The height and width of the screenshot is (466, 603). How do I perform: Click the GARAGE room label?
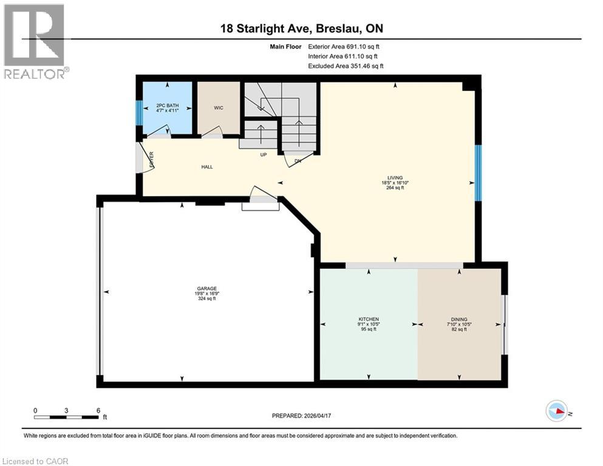click(206, 289)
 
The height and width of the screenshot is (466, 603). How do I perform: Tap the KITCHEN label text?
click(369, 319)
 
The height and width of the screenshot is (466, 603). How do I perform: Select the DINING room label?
click(458, 319)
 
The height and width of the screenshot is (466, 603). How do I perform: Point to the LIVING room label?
click(395, 178)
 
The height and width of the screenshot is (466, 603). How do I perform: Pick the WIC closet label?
click(219, 108)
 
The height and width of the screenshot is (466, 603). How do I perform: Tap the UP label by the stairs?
click(263, 155)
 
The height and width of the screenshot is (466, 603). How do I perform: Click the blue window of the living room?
click(478, 173)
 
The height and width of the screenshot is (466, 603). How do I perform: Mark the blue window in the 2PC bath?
click(139, 112)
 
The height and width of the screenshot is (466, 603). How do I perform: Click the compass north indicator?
click(557, 411)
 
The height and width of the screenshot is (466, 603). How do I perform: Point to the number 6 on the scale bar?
click(98, 410)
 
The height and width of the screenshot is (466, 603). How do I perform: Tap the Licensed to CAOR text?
click(36, 461)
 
